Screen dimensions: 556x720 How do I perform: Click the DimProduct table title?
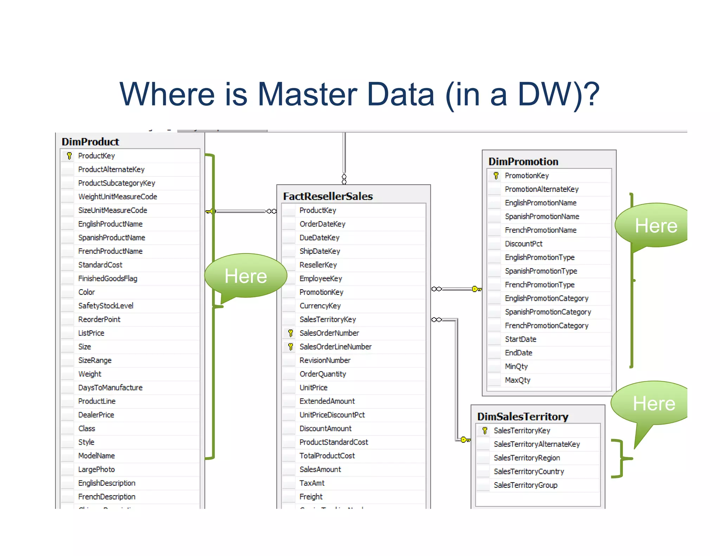click(x=90, y=142)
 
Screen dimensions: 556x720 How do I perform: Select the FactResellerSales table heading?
click(x=328, y=196)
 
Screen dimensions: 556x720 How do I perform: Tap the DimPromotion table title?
click(x=523, y=161)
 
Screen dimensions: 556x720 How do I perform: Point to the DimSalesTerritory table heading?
click(x=522, y=416)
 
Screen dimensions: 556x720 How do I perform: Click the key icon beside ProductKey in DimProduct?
click(x=69, y=156)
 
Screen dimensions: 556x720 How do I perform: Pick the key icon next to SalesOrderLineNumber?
click(x=290, y=347)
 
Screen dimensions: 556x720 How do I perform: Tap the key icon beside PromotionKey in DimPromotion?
click(x=496, y=175)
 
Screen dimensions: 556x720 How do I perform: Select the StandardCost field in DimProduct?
click(x=100, y=265)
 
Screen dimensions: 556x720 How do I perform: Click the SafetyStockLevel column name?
click(x=106, y=306)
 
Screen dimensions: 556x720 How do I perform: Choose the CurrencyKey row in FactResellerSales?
click(x=320, y=306)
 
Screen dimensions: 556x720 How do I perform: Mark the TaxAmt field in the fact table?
click(x=312, y=483)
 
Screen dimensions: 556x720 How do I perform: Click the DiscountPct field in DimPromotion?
click(x=523, y=244)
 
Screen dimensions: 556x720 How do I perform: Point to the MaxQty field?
click(x=517, y=380)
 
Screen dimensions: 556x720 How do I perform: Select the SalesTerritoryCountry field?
click(x=529, y=471)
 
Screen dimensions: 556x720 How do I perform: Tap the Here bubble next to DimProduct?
click(x=246, y=276)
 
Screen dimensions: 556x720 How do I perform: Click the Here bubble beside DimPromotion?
click(x=656, y=225)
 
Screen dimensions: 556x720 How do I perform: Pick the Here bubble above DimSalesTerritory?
click(x=654, y=403)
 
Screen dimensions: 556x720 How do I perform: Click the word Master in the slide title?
click(x=307, y=94)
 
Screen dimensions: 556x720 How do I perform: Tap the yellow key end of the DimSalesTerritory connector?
click(x=465, y=440)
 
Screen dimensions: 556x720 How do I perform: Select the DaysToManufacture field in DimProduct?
click(x=110, y=388)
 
